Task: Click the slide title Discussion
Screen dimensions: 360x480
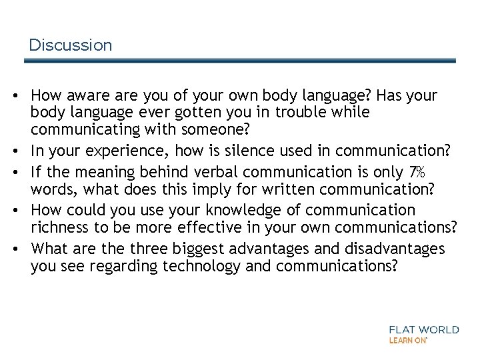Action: [71, 45]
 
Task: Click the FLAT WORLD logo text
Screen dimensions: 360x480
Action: [424, 329]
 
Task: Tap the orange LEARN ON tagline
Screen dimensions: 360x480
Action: [408, 340]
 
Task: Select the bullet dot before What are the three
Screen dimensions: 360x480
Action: [14, 250]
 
